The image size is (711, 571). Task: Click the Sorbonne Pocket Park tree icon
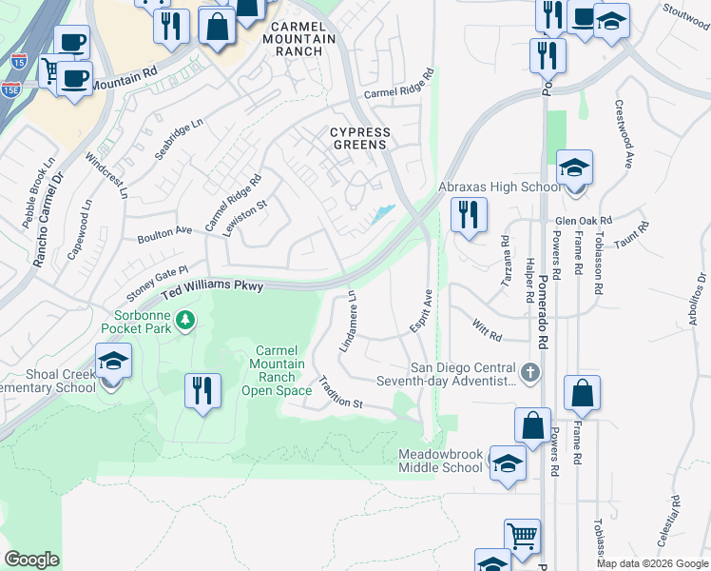coord(186,320)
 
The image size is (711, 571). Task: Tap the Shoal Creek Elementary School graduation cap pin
coord(113,363)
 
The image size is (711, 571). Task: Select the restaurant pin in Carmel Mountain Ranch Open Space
coord(202,391)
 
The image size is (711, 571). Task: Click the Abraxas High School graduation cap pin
coord(574,169)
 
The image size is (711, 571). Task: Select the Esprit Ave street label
coord(420,312)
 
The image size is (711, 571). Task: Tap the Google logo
coord(31,559)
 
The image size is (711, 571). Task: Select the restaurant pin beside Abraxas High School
coord(469,215)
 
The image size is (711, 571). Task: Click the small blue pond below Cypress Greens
coord(383,214)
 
